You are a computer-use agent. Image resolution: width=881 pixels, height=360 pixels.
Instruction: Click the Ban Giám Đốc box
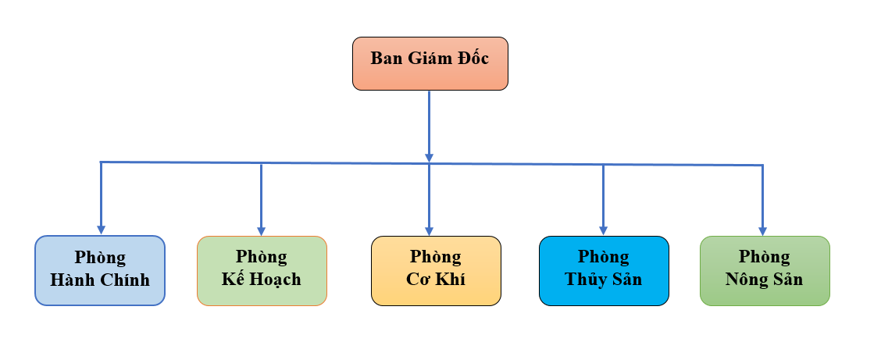click(x=430, y=62)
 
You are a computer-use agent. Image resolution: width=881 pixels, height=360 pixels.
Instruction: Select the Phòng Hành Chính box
click(x=100, y=269)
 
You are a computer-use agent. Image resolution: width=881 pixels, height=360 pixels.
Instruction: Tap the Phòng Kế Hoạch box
click(x=262, y=269)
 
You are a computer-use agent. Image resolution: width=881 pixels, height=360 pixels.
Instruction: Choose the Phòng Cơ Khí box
click(x=436, y=269)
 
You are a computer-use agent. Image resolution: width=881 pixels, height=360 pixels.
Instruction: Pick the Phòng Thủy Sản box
click(x=604, y=269)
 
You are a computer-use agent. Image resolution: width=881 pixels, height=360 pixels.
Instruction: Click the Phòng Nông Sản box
click(x=765, y=269)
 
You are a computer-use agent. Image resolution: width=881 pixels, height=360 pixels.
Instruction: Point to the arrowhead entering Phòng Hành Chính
click(x=100, y=230)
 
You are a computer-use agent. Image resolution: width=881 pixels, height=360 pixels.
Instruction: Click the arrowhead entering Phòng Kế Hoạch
click(x=261, y=230)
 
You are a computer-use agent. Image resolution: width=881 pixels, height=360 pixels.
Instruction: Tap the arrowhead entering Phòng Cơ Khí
click(x=429, y=230)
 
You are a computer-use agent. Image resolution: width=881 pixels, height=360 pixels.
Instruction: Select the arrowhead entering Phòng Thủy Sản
click(x=603, y=230)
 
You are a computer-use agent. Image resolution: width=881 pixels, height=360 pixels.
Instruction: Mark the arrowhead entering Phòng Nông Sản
click(x=763, y=230)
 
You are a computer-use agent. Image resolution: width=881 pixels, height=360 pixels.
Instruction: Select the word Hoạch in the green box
click(x=275, y=280)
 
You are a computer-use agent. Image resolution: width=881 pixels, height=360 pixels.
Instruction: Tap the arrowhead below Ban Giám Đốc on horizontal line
click(x=429, y=157)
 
